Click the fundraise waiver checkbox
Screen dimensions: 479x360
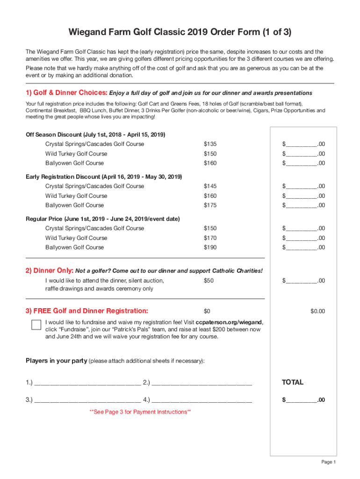click(x=36, y=325)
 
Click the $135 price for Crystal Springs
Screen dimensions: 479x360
click(x=210, y=144)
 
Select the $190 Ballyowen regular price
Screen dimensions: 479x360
click(x=210, y=247)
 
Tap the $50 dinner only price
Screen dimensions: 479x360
click(x=209, y=281)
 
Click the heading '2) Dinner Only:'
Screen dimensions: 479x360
click(x=50, y=271)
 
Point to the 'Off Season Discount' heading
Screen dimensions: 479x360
click(x=95, y=135)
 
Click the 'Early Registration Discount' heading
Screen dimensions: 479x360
click(x=104, y=177)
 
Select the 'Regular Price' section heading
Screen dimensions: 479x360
click(x=102, y=219)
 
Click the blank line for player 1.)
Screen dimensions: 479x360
click(x=87, y=384)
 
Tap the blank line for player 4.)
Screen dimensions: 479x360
click(x=202, y=400)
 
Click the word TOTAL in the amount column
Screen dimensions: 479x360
click(x=293, y=383)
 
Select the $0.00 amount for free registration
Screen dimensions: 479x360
click(x=317, y=312)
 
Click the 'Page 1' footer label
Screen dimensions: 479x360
click(x=328, y=462)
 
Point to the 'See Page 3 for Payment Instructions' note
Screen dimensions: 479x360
click(x=140, y=412)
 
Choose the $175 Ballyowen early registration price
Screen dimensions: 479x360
click(x=210, y=205)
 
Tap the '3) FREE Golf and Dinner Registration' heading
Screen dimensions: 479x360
click(x=87, y=311)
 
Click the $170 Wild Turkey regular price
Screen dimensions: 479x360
click(x=210, y=238)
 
